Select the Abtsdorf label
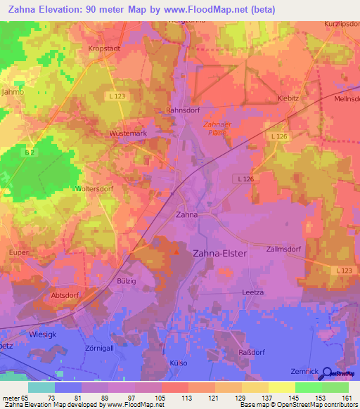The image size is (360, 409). pyautogui.click(x=67, y=296)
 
